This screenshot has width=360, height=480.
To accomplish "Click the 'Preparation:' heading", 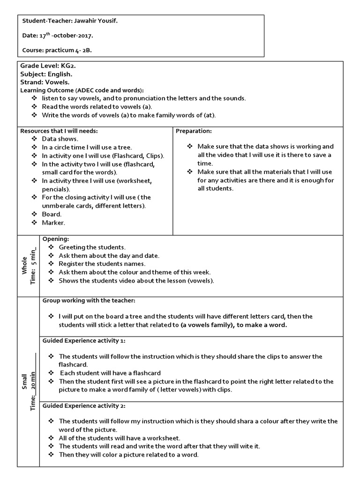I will pos(194,131).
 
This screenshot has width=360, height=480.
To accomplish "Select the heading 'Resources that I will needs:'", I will pos(59,131).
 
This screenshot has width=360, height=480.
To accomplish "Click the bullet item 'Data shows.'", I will pos(60,139).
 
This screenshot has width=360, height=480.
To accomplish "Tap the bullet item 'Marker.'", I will pos(53,222).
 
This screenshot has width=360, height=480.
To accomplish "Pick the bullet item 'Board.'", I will pos(52,214).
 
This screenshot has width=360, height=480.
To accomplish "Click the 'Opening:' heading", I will pos(56,239).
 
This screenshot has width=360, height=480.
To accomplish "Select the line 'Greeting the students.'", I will pos(92,247).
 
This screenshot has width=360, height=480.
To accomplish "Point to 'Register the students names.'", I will pos(99,264).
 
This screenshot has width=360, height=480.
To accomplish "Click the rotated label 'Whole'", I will pos(24,266).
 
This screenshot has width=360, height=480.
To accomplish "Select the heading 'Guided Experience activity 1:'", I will pos(84,340).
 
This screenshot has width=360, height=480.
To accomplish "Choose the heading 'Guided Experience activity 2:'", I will pos(84,405).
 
